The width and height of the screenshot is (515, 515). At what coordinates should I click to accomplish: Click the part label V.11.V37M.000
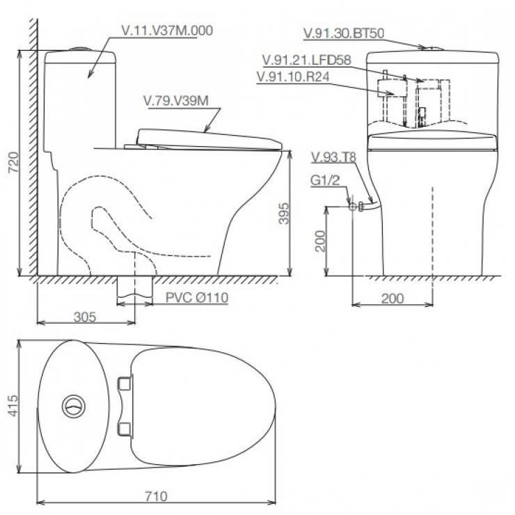click(167, 31)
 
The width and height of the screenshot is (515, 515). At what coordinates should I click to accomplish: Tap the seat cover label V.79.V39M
click(176, 101)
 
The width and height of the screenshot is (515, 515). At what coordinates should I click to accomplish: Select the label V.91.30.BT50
click(344, 33)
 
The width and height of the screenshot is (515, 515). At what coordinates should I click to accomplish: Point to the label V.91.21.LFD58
click(307, 60)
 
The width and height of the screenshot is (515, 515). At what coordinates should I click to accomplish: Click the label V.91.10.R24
click(293, 77)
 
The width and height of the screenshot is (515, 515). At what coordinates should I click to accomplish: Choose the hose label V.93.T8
click(333, 157)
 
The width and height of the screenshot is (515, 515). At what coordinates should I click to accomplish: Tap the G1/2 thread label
click(325, 180)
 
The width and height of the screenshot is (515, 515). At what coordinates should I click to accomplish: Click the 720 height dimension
click(13, 162)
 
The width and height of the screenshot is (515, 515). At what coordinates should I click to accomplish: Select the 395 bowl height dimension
click(284, 214)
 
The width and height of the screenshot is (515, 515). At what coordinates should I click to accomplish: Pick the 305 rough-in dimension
click(85, 317)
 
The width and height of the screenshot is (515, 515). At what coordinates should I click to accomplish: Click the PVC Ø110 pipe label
click(197, 298)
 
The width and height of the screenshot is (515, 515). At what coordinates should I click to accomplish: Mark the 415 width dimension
click(13, 406)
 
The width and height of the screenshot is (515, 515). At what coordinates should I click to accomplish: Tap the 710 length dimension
click(157, 496)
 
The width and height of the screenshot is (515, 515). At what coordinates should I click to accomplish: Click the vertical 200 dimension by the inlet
click(319, 241)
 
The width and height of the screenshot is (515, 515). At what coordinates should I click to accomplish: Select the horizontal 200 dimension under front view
click(393, 299)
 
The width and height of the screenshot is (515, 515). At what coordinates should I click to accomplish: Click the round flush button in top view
click(74, 406)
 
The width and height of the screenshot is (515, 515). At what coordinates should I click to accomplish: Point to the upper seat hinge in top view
click(125, 383)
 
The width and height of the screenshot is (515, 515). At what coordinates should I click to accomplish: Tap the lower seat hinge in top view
click(125, 429)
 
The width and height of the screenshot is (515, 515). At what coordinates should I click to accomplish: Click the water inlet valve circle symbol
click(352, 207)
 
